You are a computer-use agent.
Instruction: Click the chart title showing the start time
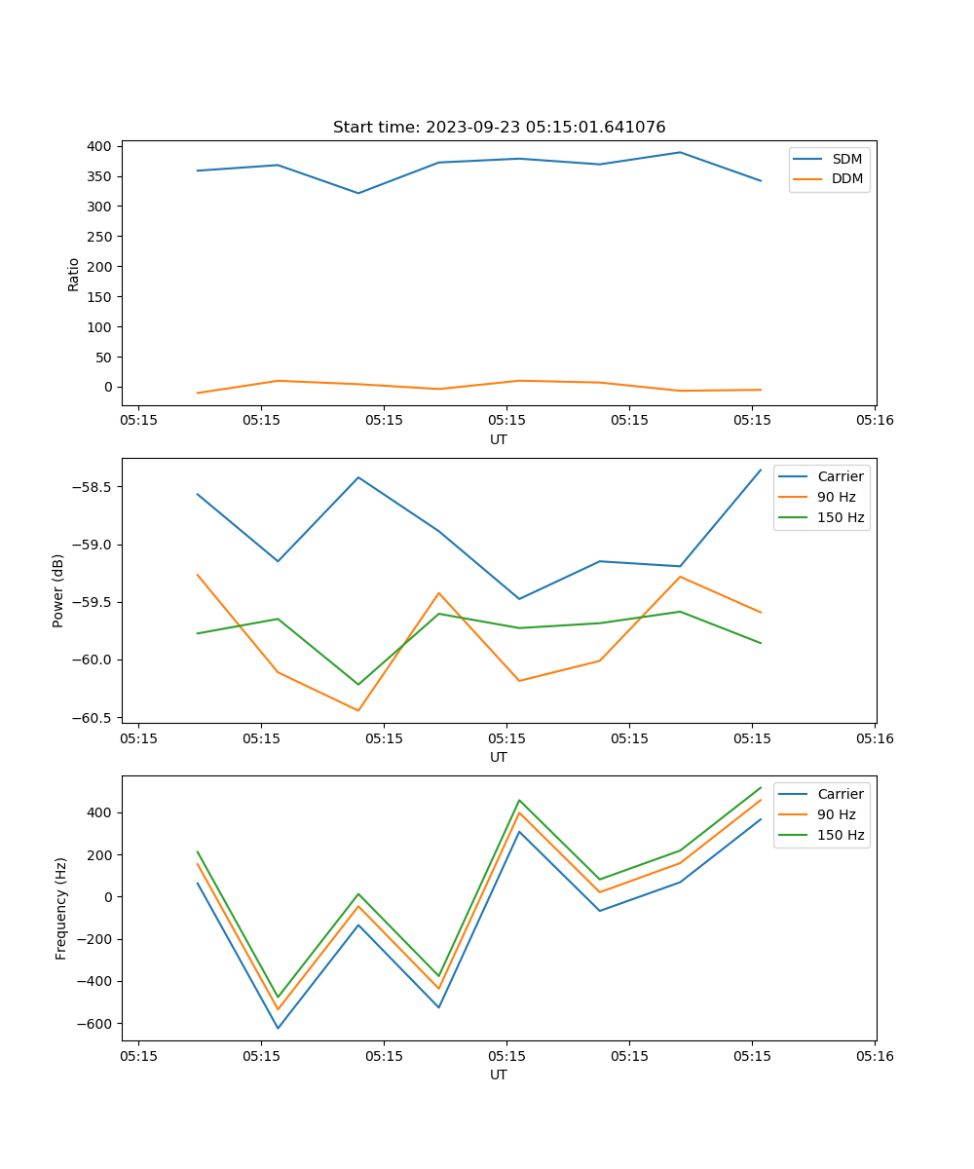click(x=499, y=128)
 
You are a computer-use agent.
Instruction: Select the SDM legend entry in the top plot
click(x=846, y=159)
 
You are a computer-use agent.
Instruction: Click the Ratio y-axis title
click(x=74, y=275)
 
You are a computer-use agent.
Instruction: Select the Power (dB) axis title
click(x=58, y=590)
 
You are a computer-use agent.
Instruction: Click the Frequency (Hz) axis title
click(x=61, y=908)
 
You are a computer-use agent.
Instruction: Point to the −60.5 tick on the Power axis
click(x=91, y=718)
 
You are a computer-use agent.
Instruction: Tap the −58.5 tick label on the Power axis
click(x=91, y=487)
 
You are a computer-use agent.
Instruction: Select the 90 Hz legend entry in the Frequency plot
click(x=836, y=814)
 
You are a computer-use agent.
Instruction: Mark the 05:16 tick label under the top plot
click(x=874, y=421)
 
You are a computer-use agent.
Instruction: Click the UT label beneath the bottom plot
click(x=499, y=1075)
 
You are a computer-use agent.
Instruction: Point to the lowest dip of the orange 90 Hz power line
click(x=358, y=710)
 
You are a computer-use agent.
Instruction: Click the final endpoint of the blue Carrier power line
click(x=761, y=470)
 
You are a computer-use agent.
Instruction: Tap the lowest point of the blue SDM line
click(x=358, y=193)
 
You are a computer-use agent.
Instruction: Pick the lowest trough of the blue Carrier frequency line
click(x=278, y=1028)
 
